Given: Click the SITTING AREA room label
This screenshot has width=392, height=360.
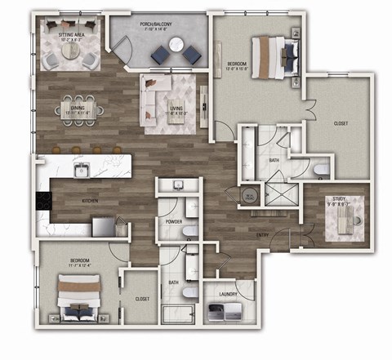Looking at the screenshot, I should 69,35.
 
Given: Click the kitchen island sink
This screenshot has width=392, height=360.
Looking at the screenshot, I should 81,170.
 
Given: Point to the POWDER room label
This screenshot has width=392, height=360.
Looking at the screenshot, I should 172,220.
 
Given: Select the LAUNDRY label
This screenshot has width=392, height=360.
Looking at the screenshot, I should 228,293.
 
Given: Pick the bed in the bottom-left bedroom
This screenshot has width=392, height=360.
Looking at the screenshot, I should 78,297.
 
